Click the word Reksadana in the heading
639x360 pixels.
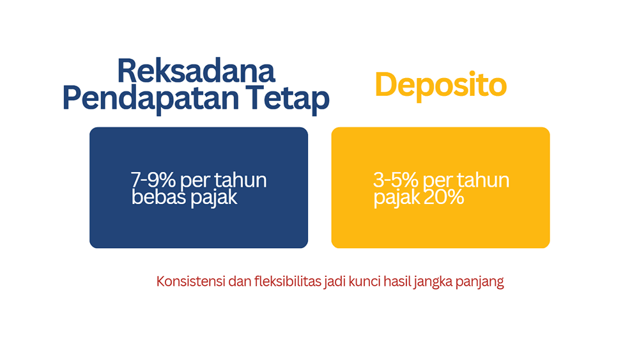click(196, 70)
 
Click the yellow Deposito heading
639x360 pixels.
click(440, 85)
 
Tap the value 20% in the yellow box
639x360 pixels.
click(442, 198)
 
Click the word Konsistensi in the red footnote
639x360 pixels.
click(188, 282)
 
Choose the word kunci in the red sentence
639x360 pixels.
click(364, 282)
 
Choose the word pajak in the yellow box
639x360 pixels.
click(396, 198)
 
